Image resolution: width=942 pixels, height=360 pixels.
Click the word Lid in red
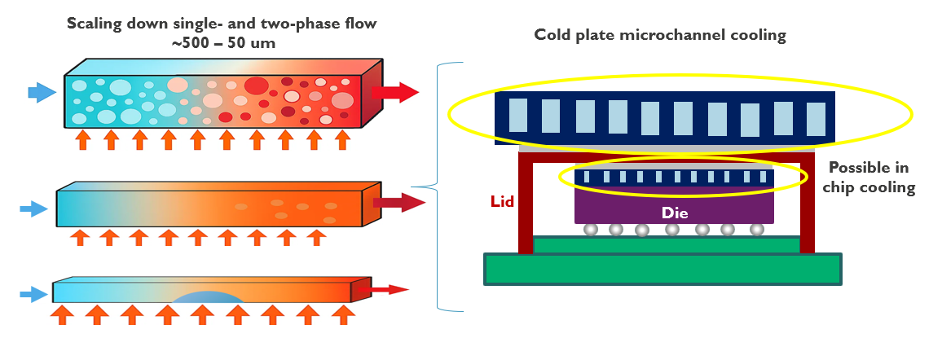click(x=502, y=200)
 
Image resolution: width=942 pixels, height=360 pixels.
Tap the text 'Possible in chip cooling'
click(x=869, y=178)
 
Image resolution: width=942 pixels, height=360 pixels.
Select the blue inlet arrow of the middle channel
click(x=34, y=209)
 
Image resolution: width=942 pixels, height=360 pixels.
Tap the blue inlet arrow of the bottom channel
click(x=33, y=293)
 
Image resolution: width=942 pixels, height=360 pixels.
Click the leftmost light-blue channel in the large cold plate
click(x=518, y=116)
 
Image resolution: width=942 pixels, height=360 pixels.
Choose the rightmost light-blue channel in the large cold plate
click(x=816, y=119)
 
